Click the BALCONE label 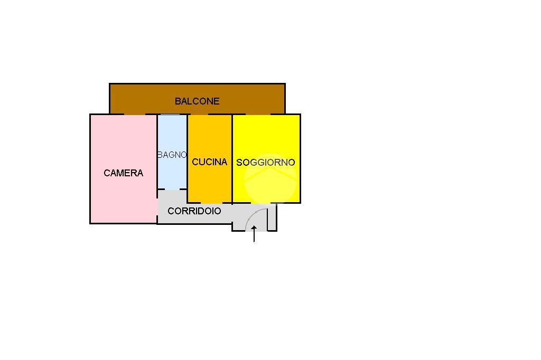[x=197, y=101]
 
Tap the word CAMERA [x=123, y=173]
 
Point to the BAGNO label [x=172, y=155]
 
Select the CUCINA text [x=209, y=162]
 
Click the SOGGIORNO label [x=266, y=163]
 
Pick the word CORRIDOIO [x=194, y=211]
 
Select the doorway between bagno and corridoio [x=172, y=190]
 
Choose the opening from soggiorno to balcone [x=258, y=114]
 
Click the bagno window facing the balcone [x=172, y=114]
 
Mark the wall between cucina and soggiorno [x=232, y=158]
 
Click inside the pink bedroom [x=123, y=195]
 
